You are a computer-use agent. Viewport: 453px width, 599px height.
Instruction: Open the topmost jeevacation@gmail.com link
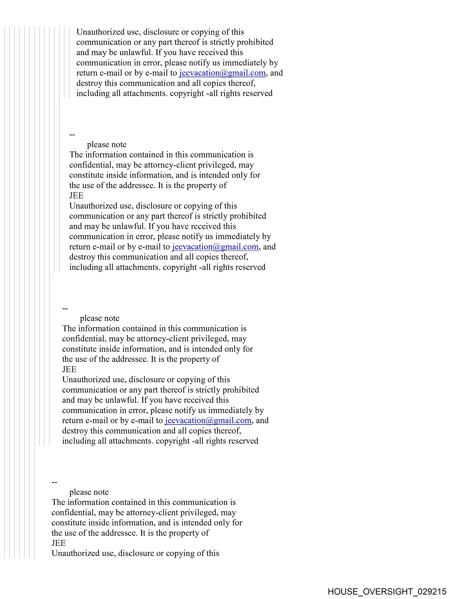(222, 73)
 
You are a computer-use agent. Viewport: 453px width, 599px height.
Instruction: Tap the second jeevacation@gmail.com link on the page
(215, 247)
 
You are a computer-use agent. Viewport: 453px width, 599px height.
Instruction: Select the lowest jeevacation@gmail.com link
(208, 420)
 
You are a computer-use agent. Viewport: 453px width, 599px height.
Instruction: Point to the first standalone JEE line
(76, 196)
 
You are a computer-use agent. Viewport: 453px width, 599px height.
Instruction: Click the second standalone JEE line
(69, 369)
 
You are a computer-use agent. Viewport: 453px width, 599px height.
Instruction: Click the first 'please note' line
(107, 145)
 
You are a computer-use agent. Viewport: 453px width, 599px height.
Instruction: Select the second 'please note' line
(100, 318)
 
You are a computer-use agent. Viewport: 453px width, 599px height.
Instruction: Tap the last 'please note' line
(89, 492)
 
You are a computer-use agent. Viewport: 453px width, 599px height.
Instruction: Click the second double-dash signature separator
(65, 308)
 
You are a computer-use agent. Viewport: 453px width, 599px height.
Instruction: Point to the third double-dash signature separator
(54, 482)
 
